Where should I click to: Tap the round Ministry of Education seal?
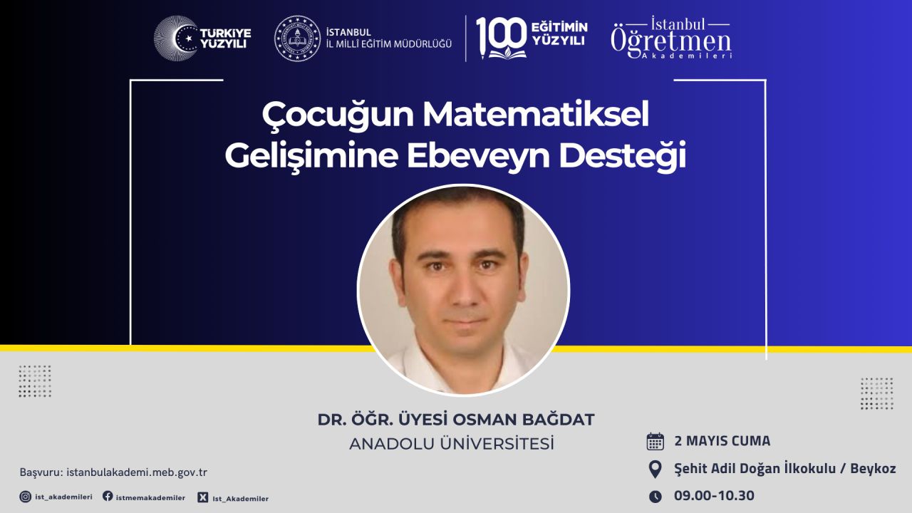[297, 38]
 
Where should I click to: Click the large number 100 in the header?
[501, 36]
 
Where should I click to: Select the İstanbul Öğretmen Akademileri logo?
[671, 38]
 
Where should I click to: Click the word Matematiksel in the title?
[535, 115]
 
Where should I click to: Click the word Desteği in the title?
[623, 157]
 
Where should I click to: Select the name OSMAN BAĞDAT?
[524, 420]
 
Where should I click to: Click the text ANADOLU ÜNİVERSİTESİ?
[452, 444]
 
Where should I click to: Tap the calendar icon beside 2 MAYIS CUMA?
[655, 441]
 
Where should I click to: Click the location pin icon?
[655, 470]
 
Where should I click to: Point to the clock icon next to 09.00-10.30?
[655, 497]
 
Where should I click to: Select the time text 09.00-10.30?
[714, 495]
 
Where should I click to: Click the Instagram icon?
[25, 497]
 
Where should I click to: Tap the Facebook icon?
[108, 496]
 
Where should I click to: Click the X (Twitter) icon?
[203, 497]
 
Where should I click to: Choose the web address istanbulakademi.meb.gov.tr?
[137, 472]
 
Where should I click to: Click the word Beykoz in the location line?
[873, 469]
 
